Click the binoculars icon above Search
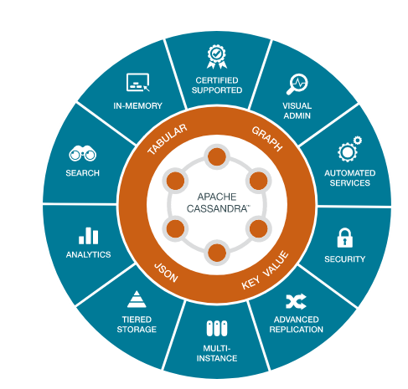pyautogui.click(x=82, y=153)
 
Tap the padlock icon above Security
pyautogui.click(x=344, y=238)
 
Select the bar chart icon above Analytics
pyautogui.click(x=88, y=236)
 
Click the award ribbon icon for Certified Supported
pyautogui.click(x=217, y=57)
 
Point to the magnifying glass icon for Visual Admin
pyautogui.click(x=297, y=84)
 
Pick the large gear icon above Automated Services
pyautogui.click(x=347, y=152)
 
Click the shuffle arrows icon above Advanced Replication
pyautogui.click(x=296, y=301)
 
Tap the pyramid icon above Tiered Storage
pyautogui.click(x=137, y=299)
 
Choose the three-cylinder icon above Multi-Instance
pyautogui.click(x=217, y=328)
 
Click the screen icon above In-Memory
pyautogui.click(x=137, y=82)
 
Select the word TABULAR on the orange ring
pyautogui.click(x=167, y=139)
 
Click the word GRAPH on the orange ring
pyautogui.click(x=267, y=139)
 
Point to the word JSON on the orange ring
pyautogui.click(x=166, y=273)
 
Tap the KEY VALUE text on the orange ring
pyautogui.click(x=265, y=270)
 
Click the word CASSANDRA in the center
pyautogui.click(x=217, y=208)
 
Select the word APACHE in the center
pyautogui.click(x=217, y=197)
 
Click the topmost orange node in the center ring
pyautogui.click(x=217, y=157)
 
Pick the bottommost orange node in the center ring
pyautogui.click(x=217, y=253)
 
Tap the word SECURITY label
pyautogui.click(x=344, y=259)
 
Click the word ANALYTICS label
pyautogui.click(x=88, y=254)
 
